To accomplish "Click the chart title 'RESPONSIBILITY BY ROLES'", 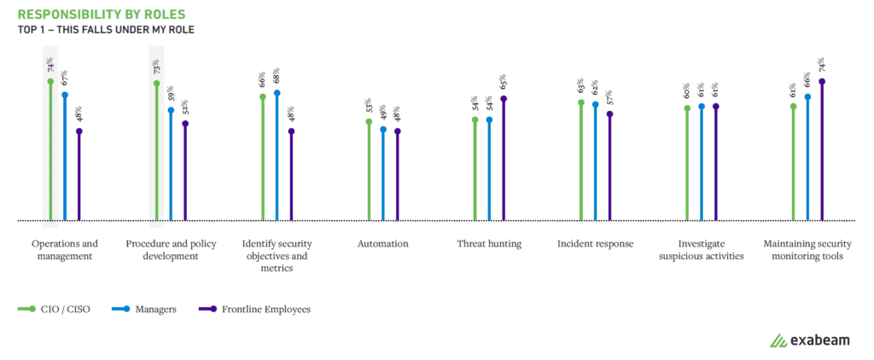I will coord(101,15).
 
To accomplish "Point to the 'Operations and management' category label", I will coord(65,249).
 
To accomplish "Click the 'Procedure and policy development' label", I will coord(171,249).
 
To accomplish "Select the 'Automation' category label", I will coord(382,244).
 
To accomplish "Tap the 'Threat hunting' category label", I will coord(489,244).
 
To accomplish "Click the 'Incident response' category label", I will coord(595,244).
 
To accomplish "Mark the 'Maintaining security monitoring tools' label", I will coord(807,249).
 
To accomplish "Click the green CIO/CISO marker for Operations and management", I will coord(50,82).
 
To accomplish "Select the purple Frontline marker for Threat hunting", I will coord(504,98).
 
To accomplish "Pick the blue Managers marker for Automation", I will coord(383,130).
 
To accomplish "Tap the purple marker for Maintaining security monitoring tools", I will coord(822,82).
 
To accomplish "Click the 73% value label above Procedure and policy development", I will coord(157,67).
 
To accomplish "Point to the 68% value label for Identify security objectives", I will coord(277,76).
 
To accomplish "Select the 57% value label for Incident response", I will coord(609,97).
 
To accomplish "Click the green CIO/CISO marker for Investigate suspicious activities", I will coord(687,108).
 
